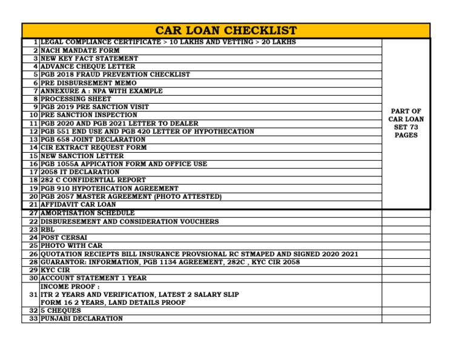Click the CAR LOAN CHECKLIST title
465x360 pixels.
coord(226,30)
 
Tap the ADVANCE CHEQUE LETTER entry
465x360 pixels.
coord(88,67)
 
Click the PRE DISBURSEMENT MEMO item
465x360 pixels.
coord(88,83)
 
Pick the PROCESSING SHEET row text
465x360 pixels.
coord(76,99)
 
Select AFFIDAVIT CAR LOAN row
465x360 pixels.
coord(78,205)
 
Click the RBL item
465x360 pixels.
coord(47,230)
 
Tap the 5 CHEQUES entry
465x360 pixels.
coord(61,310)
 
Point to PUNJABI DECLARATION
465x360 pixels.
coord(81,318)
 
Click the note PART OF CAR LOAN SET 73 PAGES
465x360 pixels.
coord(406,123)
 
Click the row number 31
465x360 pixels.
coord(33,294)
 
